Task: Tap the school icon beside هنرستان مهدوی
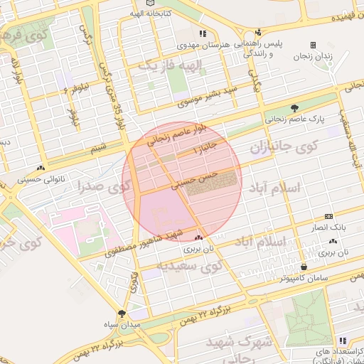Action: coord(203,33)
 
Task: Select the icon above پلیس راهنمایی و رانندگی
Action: coord(258,32)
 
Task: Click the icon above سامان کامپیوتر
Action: coord(305,267)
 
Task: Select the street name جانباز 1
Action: coord(208,150)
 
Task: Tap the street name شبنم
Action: coord(99,147)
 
